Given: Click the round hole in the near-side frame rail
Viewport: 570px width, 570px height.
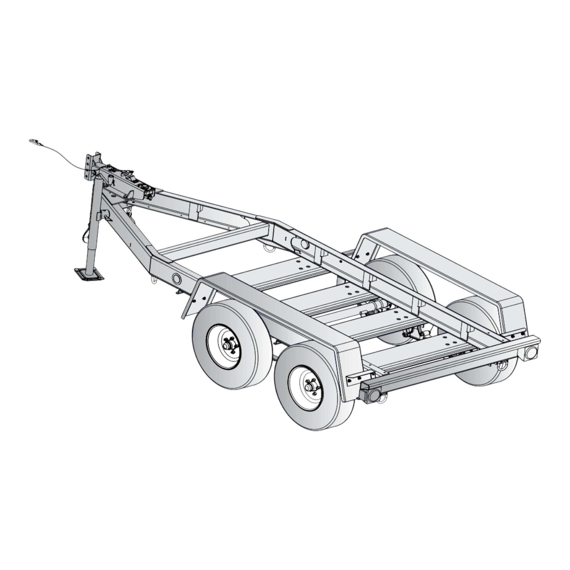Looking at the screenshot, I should (177, 278).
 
